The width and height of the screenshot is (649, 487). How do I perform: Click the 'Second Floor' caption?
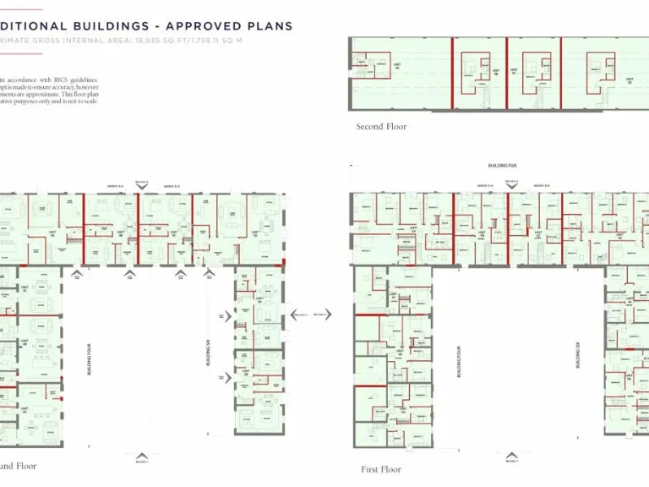[381, 127]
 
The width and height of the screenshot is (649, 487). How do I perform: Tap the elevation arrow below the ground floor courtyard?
[142, 461]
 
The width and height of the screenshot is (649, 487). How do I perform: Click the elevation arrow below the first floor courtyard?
[510, 462]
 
